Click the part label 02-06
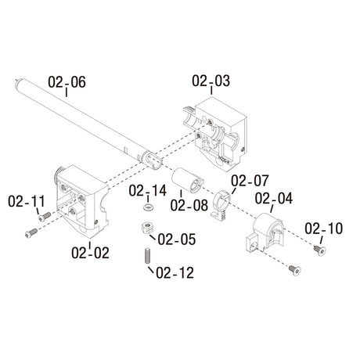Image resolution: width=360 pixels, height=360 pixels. [x=67, y=81]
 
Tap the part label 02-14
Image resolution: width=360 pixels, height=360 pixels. [x=148, y=190]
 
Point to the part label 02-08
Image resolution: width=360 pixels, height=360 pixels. [x=188, y=207]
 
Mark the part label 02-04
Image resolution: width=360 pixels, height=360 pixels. [x=274, y=199]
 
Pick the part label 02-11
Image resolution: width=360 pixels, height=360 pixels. [x=27, y=202]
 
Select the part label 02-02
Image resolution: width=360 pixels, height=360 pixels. [x=90, y=253]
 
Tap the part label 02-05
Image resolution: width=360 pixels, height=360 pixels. [x=177, y=239]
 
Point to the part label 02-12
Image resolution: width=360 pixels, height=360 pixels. [x=175, y=273]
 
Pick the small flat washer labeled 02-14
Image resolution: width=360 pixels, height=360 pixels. [x=146, y=209]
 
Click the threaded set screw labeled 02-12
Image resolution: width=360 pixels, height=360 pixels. [x=146, y=254]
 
